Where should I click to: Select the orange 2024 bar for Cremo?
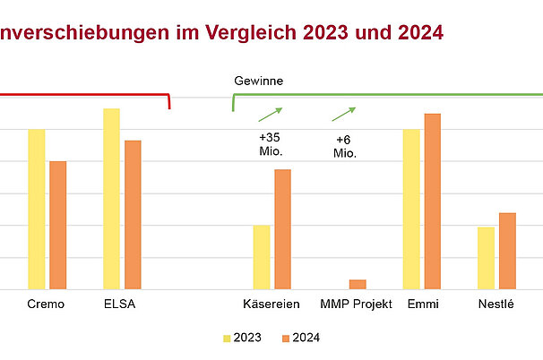(x=57, y=225)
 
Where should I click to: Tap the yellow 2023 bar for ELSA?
(x=111, y=199)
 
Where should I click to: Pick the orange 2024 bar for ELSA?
(x=133, y=215)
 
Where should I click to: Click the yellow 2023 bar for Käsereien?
(x=262, y=257)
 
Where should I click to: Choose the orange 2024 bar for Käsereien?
(x=282, y=229)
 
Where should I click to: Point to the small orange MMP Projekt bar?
(x=358, y=284)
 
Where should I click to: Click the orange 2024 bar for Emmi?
(x=433, y=201)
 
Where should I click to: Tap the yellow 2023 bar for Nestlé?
(x=487, y=258)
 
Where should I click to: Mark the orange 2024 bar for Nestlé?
(x=507, y=251)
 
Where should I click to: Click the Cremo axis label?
(x=46, y=304)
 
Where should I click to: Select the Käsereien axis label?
(x=271, y=304)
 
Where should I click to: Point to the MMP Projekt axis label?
(x=357, y=304)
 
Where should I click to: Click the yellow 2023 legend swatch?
(x=227, y=339)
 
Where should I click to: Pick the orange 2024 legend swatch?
(x=286, y=339)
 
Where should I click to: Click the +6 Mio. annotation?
(x=345, y=147)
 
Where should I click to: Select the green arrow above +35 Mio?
(x=270, y=114)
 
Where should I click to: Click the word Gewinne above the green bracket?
(x=259, y=81)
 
